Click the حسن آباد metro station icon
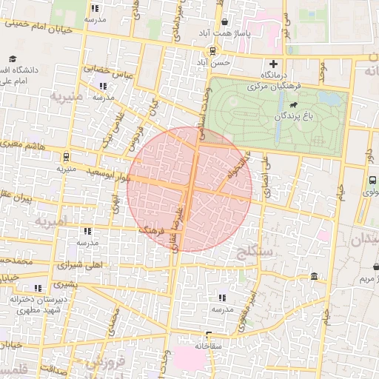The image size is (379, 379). tap(213, 51)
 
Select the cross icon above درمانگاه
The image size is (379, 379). tap(274, 64)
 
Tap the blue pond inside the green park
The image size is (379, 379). tap(331, 99)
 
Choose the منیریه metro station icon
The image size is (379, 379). tap(67, 157)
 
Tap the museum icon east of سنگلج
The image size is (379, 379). tap(315, 277)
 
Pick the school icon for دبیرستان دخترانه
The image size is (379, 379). tap(37, 288)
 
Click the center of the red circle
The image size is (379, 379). tap(189, 189)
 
